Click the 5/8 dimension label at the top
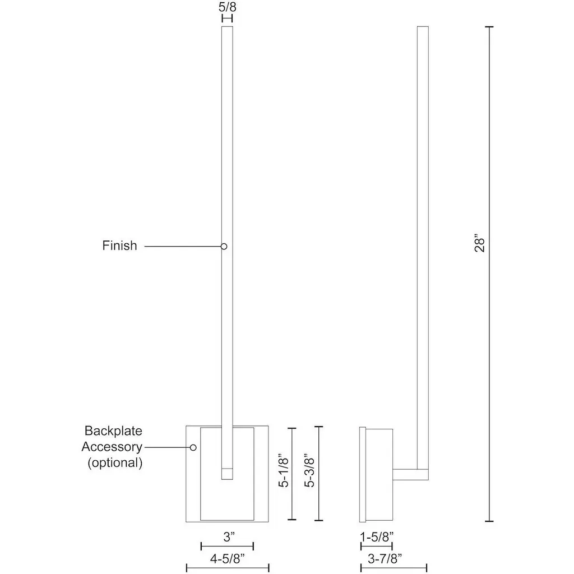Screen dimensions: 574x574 coord(228,7)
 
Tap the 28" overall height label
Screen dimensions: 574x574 coord(480,242)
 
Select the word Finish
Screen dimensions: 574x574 coord(120,246)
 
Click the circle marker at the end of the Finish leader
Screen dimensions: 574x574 coord(224,247)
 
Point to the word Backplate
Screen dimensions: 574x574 coord(113,431)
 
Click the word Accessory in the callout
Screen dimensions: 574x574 coord(112,447)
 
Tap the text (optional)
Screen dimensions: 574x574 coord(114,462)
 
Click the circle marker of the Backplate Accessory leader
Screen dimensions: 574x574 coord(193,447)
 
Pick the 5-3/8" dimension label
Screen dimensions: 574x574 coord(309,470)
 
